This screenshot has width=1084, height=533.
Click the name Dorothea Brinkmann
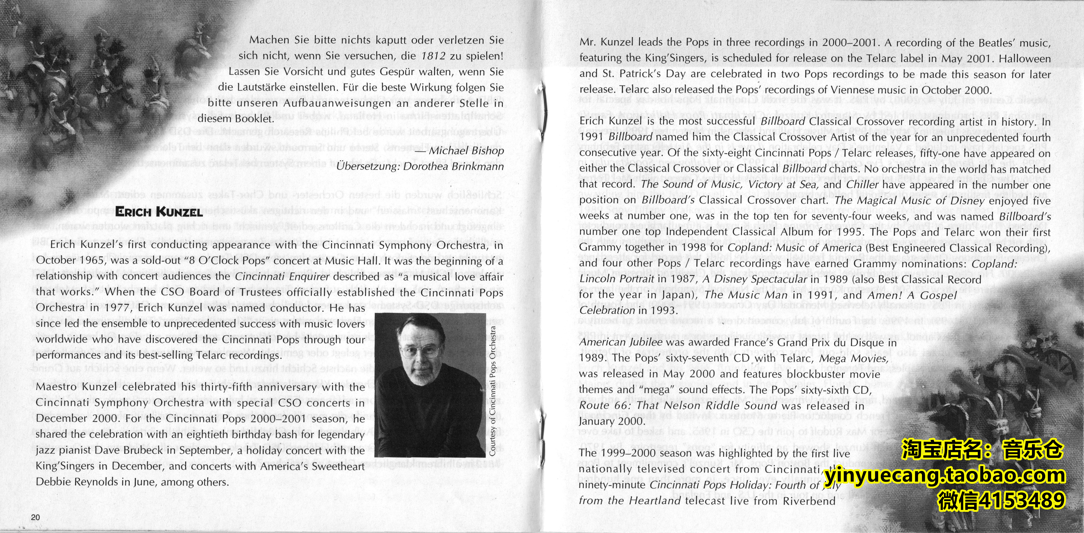coord(453,166)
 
